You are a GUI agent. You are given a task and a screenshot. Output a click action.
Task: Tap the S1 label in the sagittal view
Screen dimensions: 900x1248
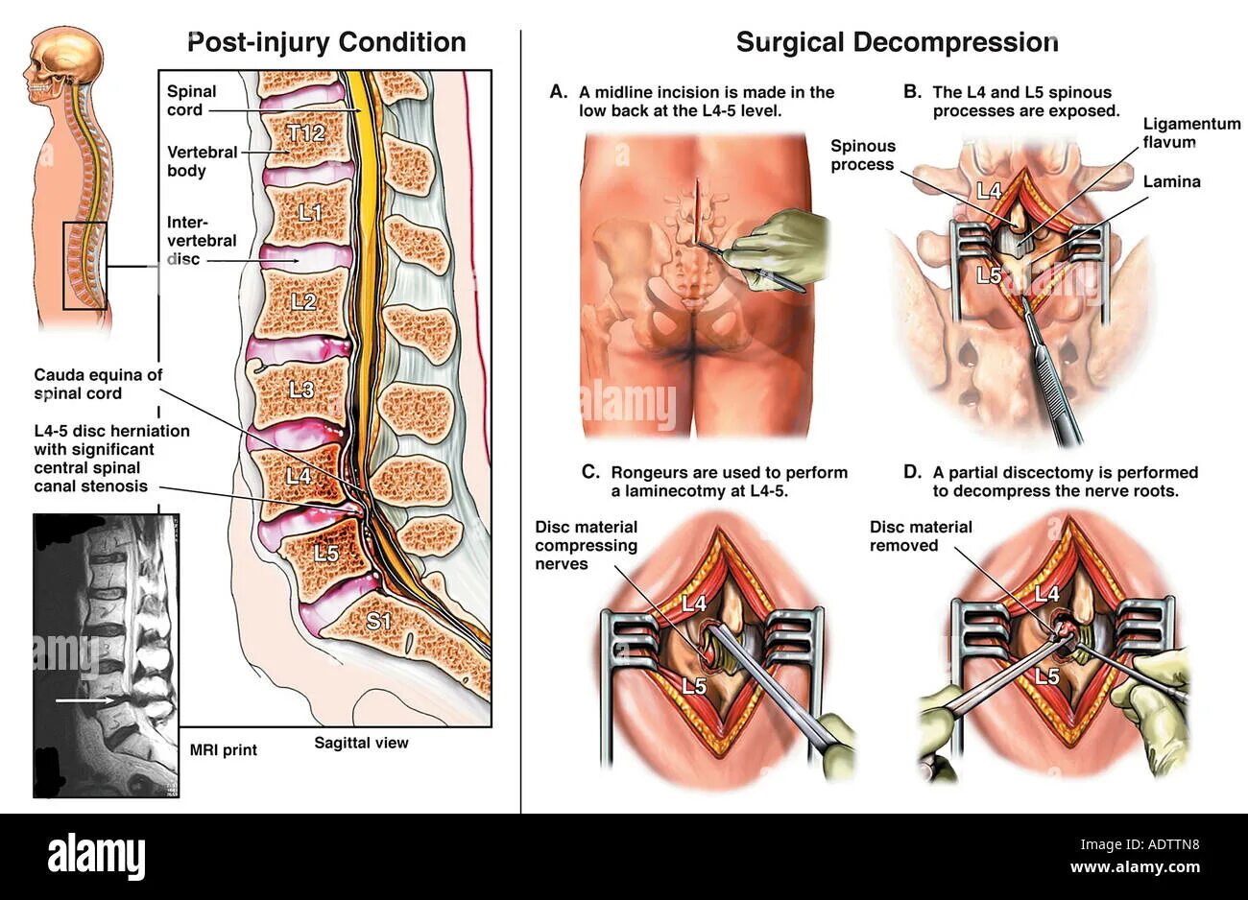click(380, 621)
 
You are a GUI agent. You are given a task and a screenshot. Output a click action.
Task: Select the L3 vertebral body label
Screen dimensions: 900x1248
click(301, 391)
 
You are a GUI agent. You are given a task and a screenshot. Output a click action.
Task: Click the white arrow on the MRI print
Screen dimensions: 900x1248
click(87, 700)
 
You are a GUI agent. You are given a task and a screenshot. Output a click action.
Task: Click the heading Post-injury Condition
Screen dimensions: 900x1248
click(326, 42)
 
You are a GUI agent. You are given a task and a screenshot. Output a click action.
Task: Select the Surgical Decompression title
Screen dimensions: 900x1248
click(897, 42)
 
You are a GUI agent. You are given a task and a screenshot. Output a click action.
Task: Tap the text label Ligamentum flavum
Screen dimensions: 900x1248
click(1168, 132)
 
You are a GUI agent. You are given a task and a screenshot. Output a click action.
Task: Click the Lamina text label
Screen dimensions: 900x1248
click(1171, 181)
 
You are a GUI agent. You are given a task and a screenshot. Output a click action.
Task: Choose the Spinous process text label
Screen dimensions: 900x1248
click(862, 155)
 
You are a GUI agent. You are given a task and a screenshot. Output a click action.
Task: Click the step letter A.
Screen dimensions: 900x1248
click(558, 92)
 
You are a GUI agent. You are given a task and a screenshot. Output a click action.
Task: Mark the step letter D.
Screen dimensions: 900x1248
click(912, 472)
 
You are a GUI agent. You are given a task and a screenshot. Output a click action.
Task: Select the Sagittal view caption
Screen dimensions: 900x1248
click(361, 743)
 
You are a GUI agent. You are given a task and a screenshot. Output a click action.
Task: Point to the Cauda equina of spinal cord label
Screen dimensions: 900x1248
click(98, 384)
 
